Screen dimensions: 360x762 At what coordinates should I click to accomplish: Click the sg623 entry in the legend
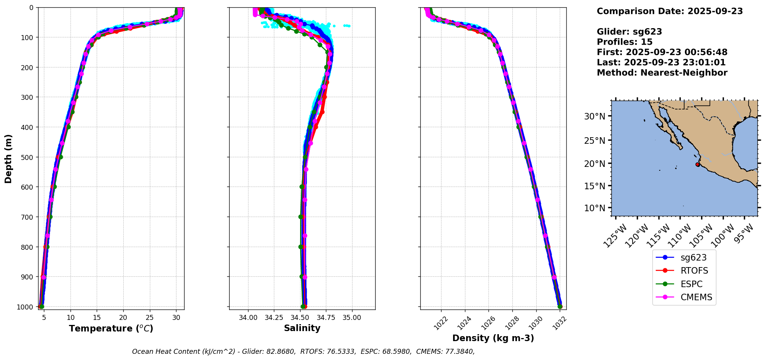[693, 258]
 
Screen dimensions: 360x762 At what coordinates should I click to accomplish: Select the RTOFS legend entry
[694, 271]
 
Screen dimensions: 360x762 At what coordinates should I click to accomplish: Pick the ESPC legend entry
[692, 284]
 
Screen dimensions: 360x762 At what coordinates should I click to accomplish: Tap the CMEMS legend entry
[696, 297]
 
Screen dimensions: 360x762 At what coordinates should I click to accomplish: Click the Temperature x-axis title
[111, 328]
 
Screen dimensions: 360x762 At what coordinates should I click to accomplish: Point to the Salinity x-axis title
[302, 328]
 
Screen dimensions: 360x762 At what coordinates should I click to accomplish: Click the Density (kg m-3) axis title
[493, 338]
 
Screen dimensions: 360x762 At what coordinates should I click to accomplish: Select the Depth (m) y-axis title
[8, 158]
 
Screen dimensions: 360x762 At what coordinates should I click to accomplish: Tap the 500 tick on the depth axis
[28, 157]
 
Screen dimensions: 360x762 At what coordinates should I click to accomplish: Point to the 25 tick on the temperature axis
[149, 318]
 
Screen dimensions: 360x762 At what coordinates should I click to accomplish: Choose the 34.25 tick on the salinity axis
[274, 318]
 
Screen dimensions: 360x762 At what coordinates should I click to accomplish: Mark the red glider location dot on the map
[697, 165]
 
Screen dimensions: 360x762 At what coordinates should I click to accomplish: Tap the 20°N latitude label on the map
[595, 163]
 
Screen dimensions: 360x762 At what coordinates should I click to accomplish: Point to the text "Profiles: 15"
[624, 42]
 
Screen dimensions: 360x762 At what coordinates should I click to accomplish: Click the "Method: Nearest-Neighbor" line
[662, 73]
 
